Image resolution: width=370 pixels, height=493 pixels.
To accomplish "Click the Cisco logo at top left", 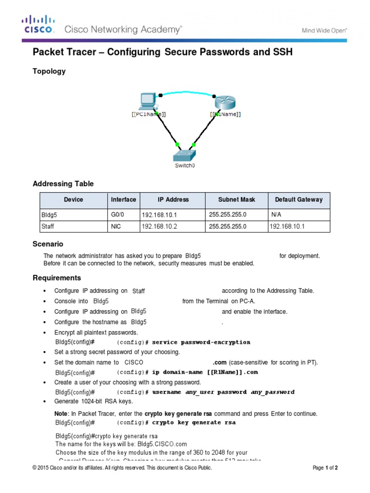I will [x=39, y=24].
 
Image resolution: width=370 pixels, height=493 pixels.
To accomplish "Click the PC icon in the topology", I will [x=146, y=101].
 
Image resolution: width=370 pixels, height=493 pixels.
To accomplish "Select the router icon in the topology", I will [x=225, y=102].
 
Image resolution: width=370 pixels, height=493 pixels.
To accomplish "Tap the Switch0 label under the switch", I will [x=185, y=165].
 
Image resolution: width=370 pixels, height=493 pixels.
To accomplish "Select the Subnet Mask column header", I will [x=237, y=199].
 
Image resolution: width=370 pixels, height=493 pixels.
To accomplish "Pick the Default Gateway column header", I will [x=299, y=199].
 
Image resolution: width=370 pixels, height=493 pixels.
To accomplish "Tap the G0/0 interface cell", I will [x=118, y=214].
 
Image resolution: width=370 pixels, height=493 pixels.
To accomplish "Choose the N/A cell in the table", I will [x=277, y=214].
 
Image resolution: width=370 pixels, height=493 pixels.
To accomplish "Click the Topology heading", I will [x=49, y=71].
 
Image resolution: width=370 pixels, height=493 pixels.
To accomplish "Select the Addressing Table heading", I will [x=63, y=184].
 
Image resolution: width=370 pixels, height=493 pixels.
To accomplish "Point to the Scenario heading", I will [x=48, y=244].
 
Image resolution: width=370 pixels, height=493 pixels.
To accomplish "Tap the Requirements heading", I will [x=57, y=278].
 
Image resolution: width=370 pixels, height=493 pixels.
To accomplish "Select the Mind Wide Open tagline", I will [x=324, y=30].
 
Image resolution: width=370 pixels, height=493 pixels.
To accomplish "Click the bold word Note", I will [x=61, y=414].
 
